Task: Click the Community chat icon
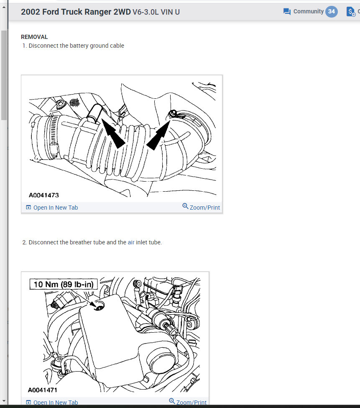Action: tap(287, 12)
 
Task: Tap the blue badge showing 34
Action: tap(332, 11)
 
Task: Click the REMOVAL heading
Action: tap(34, 37)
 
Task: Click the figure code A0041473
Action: tap(43, 195)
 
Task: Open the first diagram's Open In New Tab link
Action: tap(55, 208)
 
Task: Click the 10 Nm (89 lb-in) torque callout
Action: tap(64, 285)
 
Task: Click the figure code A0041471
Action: tap(43, 390)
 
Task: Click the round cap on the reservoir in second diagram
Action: tap(161, 359)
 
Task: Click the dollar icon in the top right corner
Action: tap(351, 12)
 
